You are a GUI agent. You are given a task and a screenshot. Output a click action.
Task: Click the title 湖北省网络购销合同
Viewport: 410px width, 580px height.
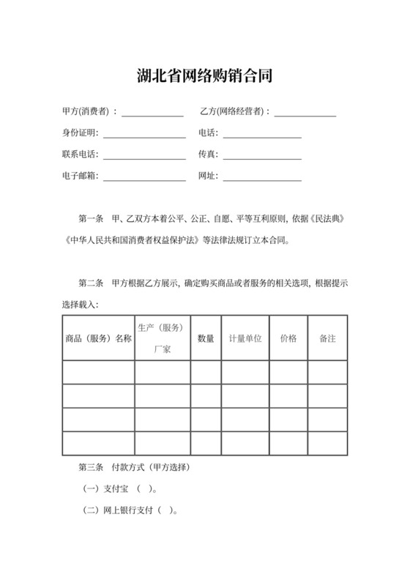[204, 75]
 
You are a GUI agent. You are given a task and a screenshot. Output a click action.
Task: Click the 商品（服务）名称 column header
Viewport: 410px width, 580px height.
[98, 338]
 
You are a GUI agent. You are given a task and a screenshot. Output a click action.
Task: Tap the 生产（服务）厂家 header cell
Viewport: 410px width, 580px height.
[162, 338]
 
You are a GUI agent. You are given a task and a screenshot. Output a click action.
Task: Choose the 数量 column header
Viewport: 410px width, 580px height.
[206, 338]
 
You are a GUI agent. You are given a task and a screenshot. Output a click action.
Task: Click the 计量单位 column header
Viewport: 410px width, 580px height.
[245, 338]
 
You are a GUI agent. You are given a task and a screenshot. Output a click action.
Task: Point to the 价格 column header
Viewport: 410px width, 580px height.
[288, 338]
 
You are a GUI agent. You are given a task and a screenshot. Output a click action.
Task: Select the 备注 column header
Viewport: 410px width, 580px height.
[327, 338]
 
